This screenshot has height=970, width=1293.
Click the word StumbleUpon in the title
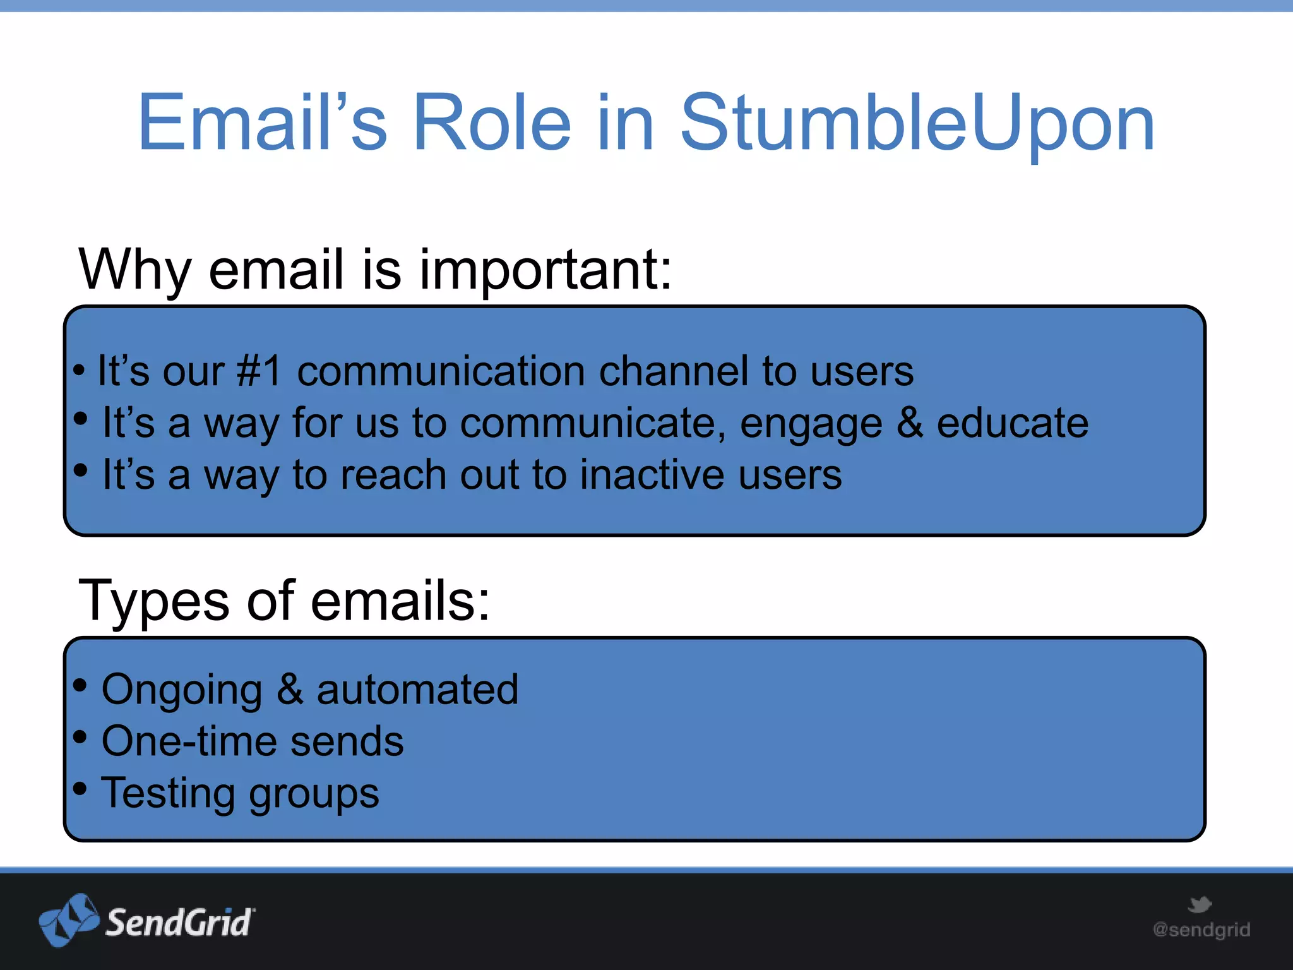tap(917, 123)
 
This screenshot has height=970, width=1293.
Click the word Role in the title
tap(492, 123)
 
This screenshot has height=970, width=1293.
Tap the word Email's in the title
tap(263, 123)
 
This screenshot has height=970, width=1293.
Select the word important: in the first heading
tap(547, 270)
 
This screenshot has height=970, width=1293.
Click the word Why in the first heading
tap(134, 270)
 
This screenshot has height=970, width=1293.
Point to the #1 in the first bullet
tap(258, 371)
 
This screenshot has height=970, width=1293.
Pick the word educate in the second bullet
tap(1012, 423)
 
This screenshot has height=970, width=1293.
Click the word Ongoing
tap(182, 690)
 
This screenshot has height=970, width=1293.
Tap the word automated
tap(417, 690)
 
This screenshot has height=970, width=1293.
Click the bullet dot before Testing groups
tap(80, 788)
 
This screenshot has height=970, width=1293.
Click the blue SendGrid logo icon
tap(68, 921)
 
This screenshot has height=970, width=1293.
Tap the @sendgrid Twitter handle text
tap(1201, 930)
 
